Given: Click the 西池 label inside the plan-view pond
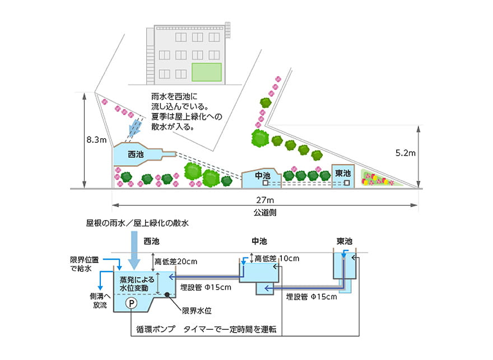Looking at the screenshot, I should (136, 154).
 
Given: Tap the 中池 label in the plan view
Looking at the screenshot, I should (263, 175).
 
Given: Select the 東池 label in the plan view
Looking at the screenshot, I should (343, 174).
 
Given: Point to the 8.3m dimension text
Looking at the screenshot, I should (95, 139).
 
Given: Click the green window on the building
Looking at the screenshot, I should (207, 72).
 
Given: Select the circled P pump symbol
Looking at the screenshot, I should (130, 303).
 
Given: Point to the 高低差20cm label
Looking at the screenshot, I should (175, 261).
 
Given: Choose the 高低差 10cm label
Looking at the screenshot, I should (277, 258).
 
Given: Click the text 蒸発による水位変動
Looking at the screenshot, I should (134, 283).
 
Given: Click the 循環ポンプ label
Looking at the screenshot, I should (155, 329).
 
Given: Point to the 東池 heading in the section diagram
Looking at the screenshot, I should (344, 241).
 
